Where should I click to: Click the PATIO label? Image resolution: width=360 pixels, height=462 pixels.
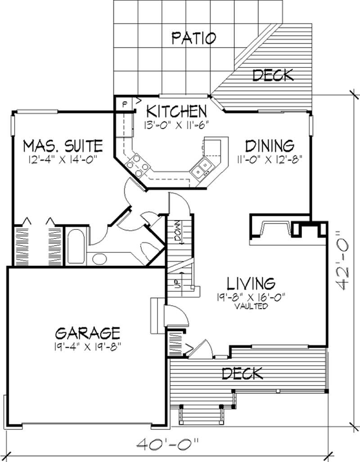194,38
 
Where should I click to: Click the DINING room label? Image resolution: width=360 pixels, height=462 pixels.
270,146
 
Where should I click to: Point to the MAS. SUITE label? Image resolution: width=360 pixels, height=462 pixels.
63,146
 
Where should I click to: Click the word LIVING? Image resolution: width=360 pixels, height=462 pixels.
250,283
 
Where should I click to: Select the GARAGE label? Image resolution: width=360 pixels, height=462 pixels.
87,333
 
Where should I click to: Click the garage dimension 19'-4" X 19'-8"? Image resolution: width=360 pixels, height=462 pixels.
87,346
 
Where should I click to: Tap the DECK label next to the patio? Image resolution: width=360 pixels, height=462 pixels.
273,75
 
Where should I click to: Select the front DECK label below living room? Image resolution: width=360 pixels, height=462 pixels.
243,373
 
